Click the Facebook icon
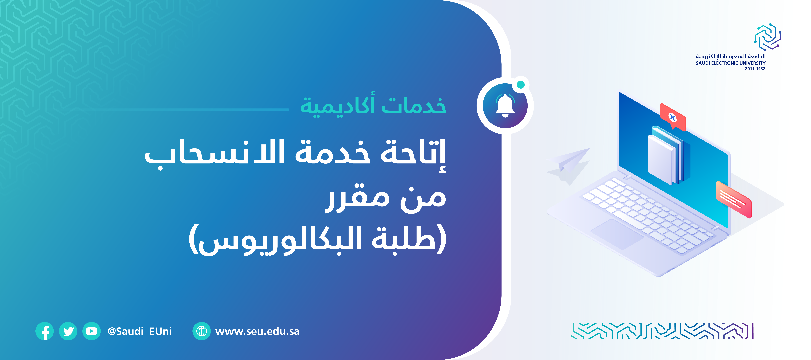(x=44, y=331)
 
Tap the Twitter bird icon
(x=68, y=331)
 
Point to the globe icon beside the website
(x=202, y=331)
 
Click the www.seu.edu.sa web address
(x=257, y=331)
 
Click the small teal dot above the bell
(x=521, y=84)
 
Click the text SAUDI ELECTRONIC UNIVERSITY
(x=730, y=63)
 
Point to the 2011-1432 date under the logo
(x=755, y=69)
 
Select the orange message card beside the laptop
(x=734, y=199)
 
